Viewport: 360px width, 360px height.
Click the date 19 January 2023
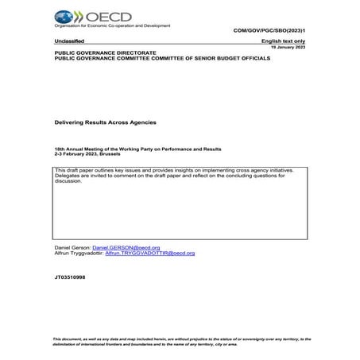[x=288, y=48]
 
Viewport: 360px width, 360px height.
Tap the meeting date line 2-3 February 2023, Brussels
[x=92, y=154]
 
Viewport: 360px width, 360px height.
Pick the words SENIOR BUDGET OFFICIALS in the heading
[x=231, y=58]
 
